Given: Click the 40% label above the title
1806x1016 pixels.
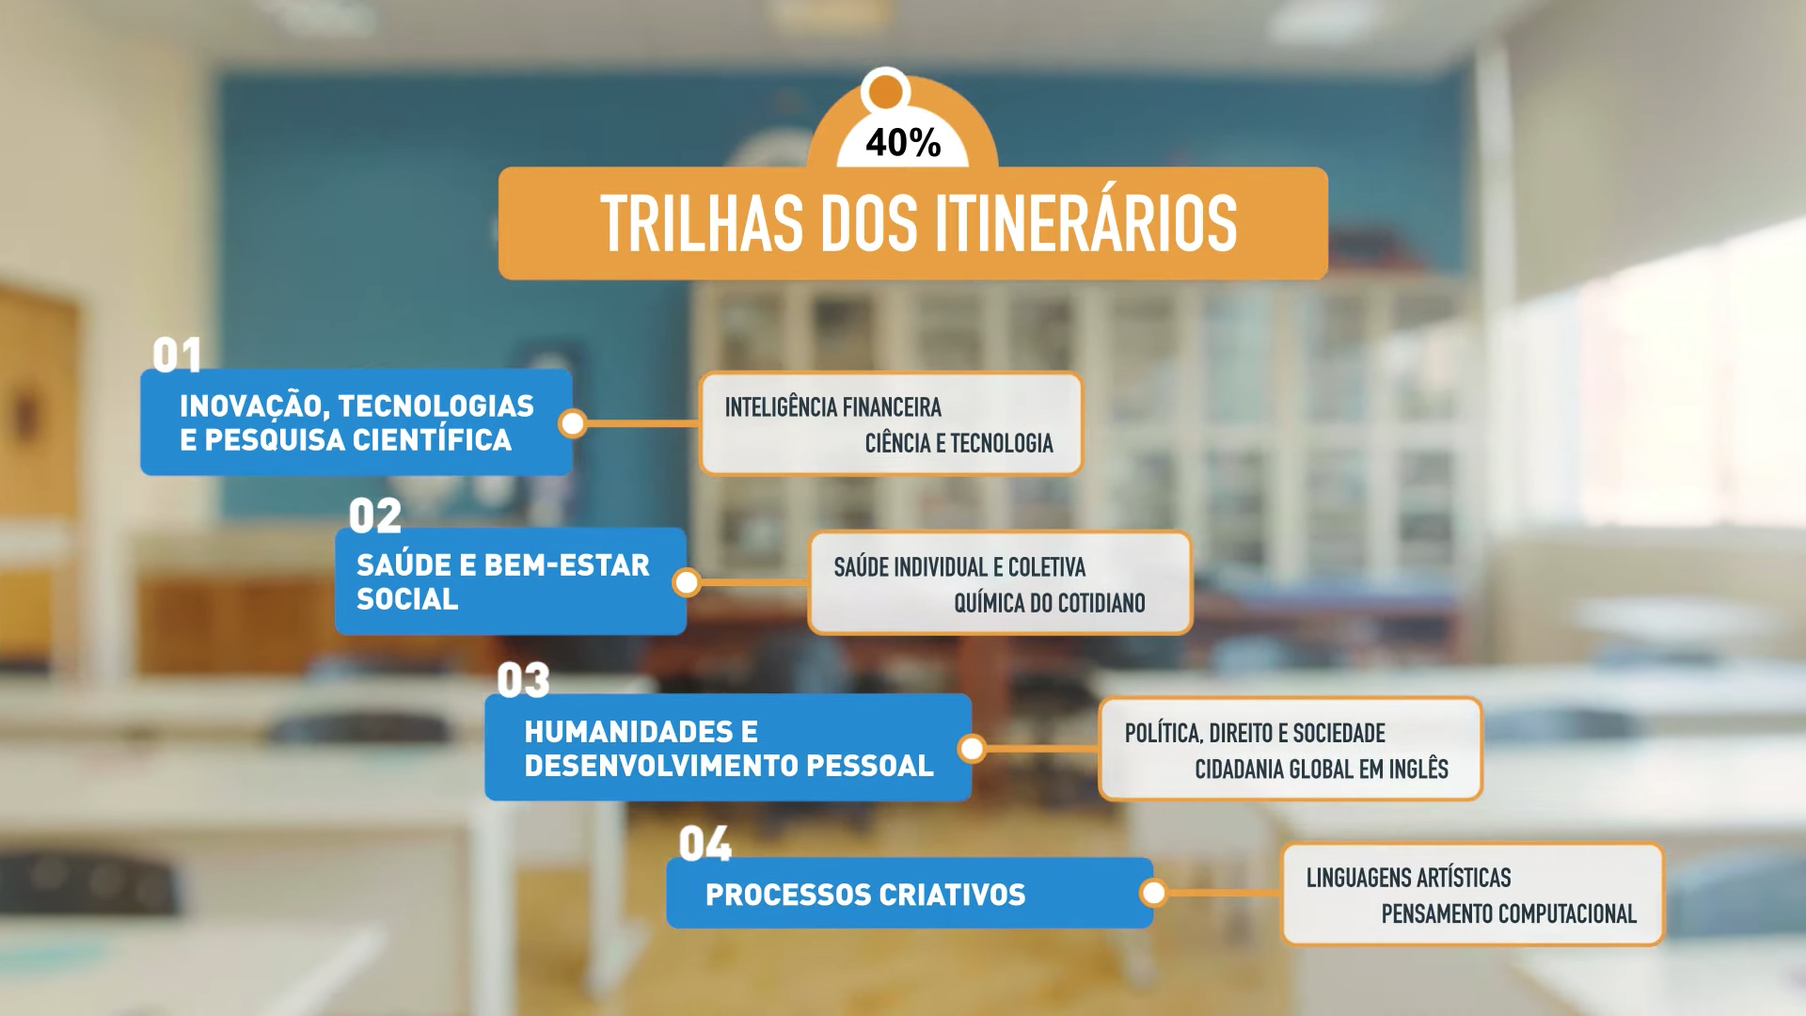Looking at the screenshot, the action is click(903, 143).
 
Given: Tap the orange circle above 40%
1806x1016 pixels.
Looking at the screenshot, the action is click(885, 91).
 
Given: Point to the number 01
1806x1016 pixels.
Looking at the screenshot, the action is click(177, 356).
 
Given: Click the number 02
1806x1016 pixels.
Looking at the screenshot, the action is click(375, 516).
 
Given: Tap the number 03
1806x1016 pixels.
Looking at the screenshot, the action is click(523, 680).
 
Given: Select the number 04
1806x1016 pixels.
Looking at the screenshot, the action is click(705, 844).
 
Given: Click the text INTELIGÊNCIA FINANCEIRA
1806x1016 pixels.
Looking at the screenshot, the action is click(832, 407).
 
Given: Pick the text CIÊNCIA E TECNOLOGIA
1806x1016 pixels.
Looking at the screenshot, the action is click(958, 443).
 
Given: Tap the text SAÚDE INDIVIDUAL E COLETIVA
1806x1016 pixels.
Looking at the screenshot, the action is click(959, 567).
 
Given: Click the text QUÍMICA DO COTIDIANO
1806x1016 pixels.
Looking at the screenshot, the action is click(1050, 603).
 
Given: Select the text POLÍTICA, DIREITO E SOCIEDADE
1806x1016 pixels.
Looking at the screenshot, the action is click(1255, 734).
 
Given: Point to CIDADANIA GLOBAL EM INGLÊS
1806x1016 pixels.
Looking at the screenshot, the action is click(1322, 770).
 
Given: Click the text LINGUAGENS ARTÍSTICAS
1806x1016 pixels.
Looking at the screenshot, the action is click(1408, 878).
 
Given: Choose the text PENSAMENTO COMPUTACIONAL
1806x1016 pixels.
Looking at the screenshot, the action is click(1509, 913).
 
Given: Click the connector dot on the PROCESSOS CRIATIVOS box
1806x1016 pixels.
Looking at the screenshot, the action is click(1153, 893).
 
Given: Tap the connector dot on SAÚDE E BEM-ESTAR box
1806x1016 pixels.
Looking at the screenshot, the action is click(687, 583).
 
